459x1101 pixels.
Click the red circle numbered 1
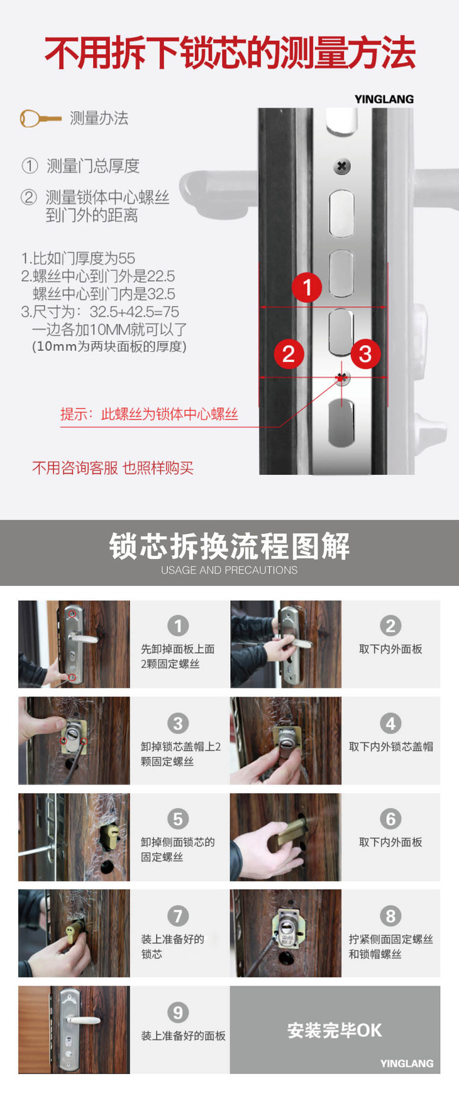(307, 287)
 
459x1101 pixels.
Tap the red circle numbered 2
(289, 354)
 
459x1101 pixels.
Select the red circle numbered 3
(365, 354)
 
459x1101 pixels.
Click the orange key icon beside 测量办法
(40, 118)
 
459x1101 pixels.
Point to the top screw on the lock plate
(341, 166)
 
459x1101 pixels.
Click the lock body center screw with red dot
(341, 377)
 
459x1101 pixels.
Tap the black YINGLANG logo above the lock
(384, 99)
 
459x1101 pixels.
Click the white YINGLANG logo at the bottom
(407, 1063)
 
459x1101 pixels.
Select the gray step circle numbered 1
(178, 626)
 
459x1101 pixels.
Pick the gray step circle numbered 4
(390, 723)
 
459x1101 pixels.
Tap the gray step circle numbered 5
(178, 819)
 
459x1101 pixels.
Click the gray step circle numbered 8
(390, 916)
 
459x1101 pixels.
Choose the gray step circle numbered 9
(178, 1012)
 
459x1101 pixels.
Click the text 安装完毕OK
(335, 1030)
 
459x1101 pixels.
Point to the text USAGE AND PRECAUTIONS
(229, 570)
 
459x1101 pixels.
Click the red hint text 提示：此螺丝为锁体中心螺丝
(149, 414)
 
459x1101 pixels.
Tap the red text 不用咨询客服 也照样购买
(113, 468)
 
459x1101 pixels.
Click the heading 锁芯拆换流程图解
(229, 546)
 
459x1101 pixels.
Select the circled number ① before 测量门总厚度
(30, 166)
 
